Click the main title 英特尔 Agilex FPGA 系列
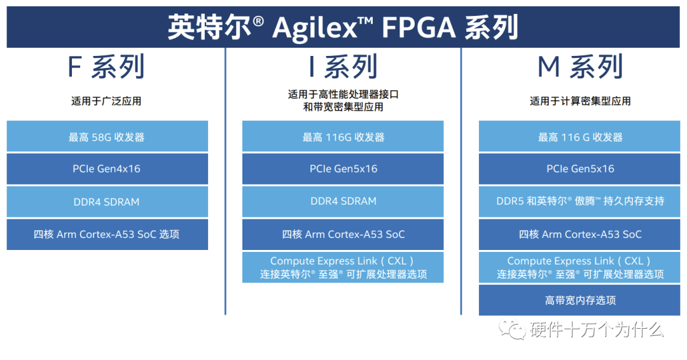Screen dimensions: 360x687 [x=343, y=27]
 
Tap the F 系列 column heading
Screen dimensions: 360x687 [x=107, y=67]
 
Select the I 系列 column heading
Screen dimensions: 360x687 [x=343, y=67]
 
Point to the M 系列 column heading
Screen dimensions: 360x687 [x=579, y=67]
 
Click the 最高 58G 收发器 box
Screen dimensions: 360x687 [x=107, y=137]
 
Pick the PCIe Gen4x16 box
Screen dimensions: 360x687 [x=107, y=169]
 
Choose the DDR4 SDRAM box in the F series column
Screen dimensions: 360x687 [x=107, y=202]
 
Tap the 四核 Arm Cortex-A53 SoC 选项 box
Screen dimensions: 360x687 [x=107, y=234]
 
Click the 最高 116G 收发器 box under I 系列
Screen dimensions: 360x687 [x=343, y=137]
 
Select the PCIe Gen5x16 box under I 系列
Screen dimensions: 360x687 [x=343, y=169]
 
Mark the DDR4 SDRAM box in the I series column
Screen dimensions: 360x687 [x=343, y=201]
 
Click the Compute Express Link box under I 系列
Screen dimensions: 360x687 [x=343, y=267]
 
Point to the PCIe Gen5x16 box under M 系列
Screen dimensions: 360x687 [x=579, y=169]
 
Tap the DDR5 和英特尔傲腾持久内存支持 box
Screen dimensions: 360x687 [x=579, y=201]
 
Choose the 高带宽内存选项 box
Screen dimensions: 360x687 [x=579, y=300]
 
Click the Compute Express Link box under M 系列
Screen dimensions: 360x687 [x=579, y=267]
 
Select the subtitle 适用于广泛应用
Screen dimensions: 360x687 [x=107, y=101]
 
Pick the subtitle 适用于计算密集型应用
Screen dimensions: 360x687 [x=579, y=101]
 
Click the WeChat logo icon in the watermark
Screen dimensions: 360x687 [x=513, y=329]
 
